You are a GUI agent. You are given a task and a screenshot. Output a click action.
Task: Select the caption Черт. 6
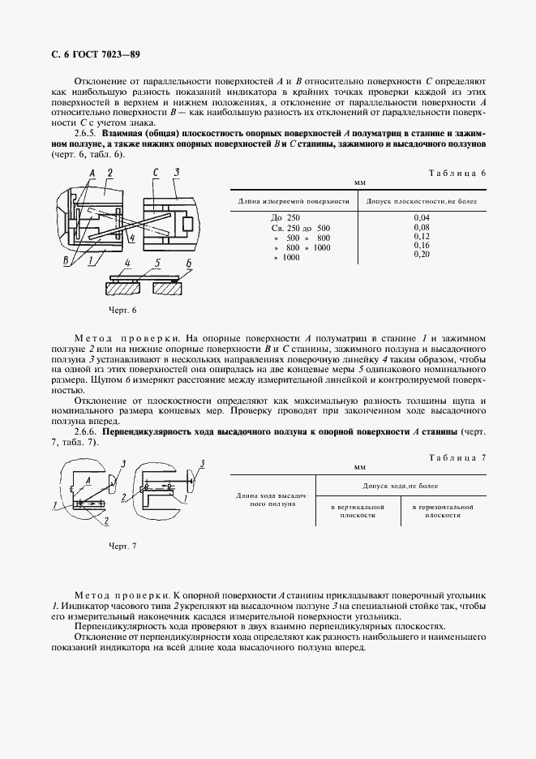122,311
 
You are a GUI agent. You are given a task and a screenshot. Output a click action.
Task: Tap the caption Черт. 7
122,546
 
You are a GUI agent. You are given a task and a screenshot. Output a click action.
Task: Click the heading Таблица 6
456,173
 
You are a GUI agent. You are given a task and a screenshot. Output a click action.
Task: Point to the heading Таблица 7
456,457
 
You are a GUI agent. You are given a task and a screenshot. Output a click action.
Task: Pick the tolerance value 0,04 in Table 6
421,218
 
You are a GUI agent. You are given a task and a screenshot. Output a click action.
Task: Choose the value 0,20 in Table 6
421,255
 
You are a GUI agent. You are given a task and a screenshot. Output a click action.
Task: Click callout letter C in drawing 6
154,173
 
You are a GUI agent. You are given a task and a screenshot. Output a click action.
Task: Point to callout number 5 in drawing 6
159,262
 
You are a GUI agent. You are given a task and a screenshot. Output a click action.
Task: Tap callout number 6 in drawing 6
188,263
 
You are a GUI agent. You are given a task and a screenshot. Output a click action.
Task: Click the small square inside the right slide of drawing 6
187,222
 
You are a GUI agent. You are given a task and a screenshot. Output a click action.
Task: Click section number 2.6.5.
87,132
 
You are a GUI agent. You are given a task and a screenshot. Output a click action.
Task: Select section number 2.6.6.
87,432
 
